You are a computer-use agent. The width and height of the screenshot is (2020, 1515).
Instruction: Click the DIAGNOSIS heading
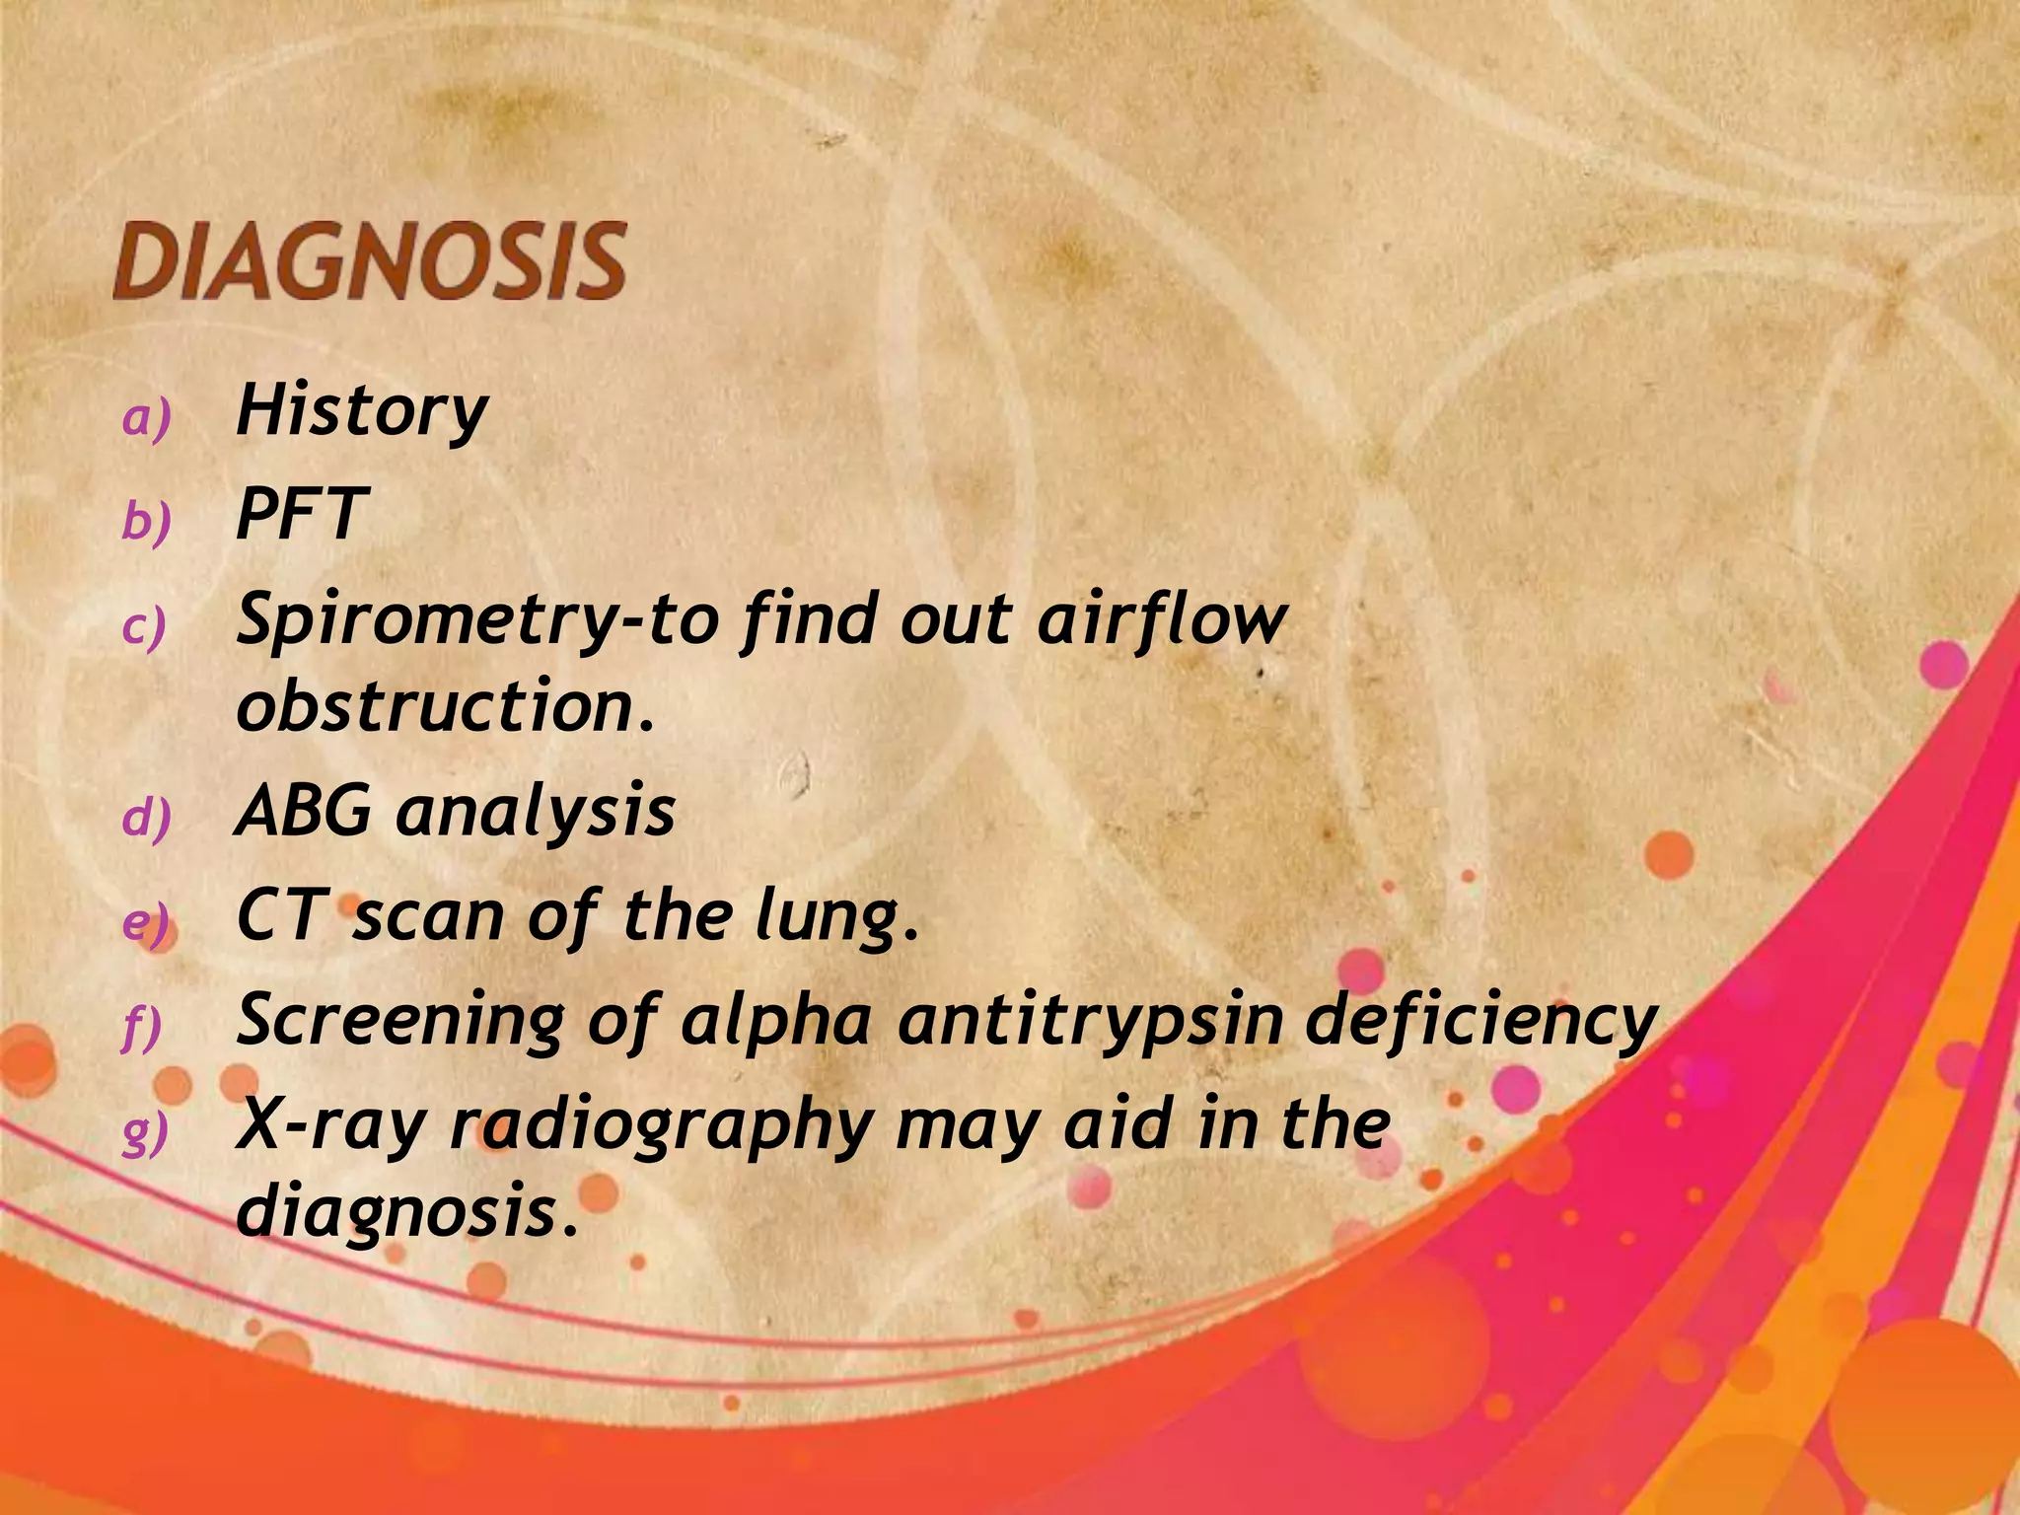(x=370, y=261)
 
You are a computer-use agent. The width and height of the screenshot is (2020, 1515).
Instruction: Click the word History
(x=362, y=410)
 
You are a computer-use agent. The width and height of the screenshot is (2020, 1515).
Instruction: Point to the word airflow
(x=1161, y=621)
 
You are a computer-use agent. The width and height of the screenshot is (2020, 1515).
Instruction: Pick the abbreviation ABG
(x=304, y=812)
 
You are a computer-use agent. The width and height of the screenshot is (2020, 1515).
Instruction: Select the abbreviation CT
(x=279, y=916)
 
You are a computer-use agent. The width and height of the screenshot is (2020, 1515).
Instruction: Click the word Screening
(x=399, y=1021)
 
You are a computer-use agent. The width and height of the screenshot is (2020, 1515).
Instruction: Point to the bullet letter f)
(x=142, y=1028)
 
